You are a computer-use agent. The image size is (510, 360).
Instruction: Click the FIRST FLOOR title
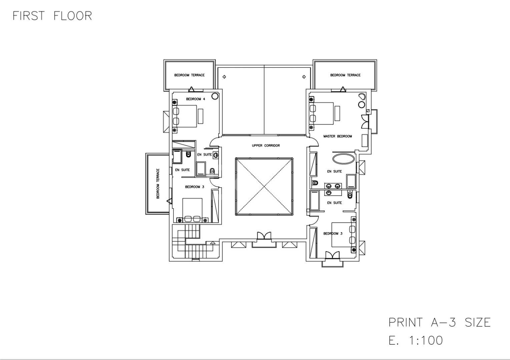52,16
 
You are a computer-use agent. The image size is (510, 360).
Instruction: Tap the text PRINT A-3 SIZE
439,322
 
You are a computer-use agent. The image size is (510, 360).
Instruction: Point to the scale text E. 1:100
416,340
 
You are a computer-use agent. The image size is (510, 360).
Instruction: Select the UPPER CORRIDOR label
266,145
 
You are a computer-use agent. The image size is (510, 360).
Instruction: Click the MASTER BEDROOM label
338,136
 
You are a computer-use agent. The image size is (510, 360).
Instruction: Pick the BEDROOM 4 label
195,99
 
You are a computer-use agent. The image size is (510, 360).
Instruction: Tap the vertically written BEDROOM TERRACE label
158,183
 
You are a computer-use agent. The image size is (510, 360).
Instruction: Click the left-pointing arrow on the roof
224,77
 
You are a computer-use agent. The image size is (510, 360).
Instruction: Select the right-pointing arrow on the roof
304,77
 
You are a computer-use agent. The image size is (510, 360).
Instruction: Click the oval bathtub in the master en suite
344,159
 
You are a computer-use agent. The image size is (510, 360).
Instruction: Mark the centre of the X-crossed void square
264,186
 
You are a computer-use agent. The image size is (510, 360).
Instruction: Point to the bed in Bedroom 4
185,116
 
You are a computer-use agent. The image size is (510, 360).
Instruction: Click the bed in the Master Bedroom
322,113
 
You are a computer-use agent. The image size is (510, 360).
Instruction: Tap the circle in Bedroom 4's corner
215,96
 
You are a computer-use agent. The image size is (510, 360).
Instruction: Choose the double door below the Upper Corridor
264,236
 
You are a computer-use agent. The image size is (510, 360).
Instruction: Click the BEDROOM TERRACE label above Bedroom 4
189,75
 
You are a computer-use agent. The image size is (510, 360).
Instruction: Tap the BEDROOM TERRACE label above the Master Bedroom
345,75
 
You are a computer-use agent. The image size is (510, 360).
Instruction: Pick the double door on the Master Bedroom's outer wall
365,122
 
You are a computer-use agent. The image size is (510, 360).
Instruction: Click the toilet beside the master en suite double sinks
315,183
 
